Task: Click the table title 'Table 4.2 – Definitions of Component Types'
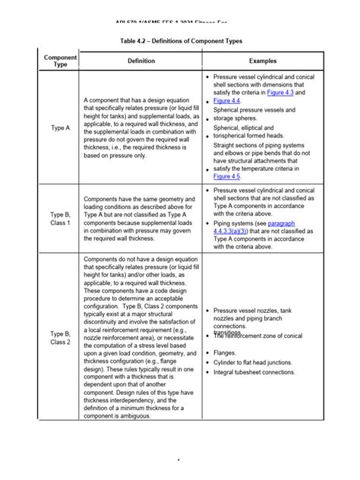coord(179,36)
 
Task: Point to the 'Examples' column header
coord(263,61)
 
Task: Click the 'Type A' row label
coord(60,128)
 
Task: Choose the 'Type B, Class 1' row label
coord(60,219)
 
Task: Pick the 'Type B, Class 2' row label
coord(60,338)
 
